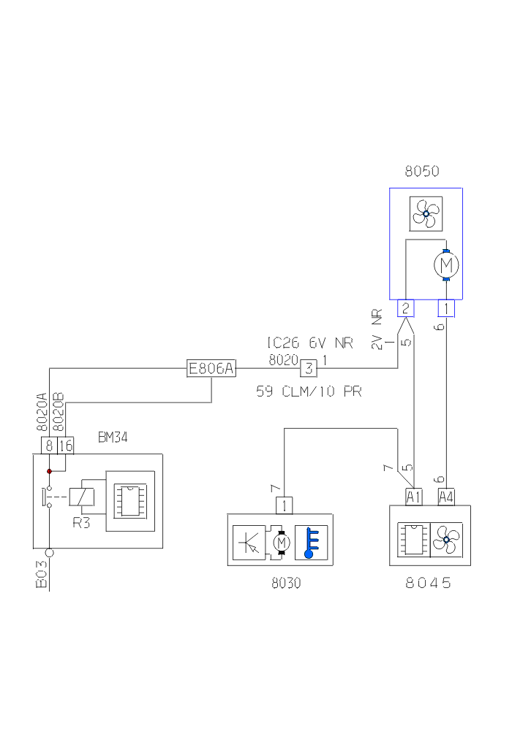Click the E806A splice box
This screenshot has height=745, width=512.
coord(211,370)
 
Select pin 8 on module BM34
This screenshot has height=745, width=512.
coord(48,446)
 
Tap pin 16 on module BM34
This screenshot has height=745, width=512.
coord(65,446)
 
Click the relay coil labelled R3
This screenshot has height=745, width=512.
coord(82,497)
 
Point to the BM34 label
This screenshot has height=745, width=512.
coord(114,438)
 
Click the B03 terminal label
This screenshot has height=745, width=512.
coord(42,574)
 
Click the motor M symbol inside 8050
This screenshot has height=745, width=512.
coord(446,264)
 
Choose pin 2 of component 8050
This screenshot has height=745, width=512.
coord(405,308)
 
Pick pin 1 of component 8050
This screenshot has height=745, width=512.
coord(446,308)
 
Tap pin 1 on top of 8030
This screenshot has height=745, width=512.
coord(283,505)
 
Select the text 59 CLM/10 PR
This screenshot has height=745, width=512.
coord(309,391)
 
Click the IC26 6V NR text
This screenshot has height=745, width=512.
coord(309,343)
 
